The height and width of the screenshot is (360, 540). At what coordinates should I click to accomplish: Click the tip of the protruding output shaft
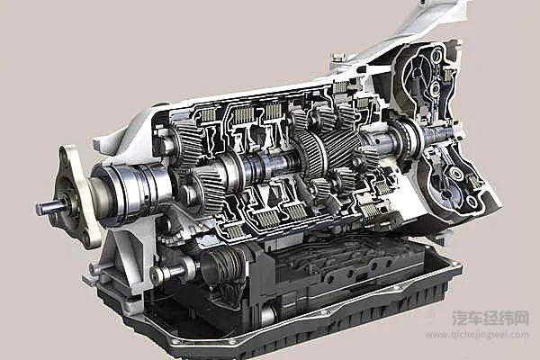pyautogui.click(x=39, y=207)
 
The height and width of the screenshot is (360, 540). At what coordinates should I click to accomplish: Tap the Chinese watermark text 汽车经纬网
pyautogui.click(x=490, y=318)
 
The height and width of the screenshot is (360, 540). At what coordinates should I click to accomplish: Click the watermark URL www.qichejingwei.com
pyautogui.click(x=477, y=334)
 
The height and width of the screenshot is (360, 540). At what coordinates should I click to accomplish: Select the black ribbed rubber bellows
pyautogui.click(x=226, y=266)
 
